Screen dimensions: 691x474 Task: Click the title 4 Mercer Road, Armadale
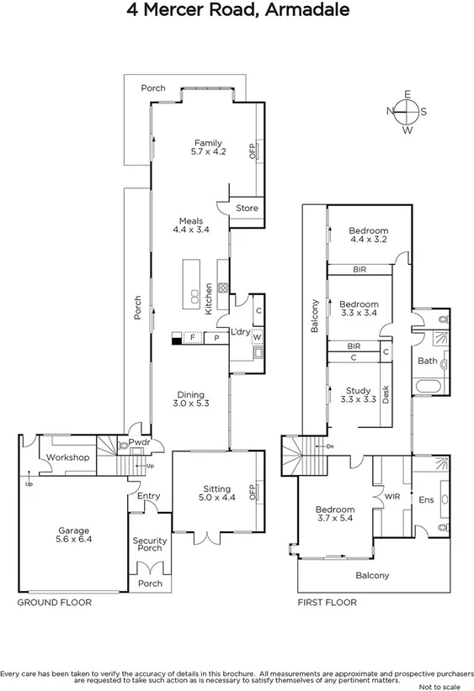pos(237,11)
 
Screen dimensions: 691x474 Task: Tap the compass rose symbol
pos(407,111)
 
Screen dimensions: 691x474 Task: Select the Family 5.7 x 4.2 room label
pos(208,147)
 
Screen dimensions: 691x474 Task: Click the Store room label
pos(247,208)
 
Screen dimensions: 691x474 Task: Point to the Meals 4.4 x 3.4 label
pos(190,225)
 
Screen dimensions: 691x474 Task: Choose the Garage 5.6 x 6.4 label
pos(74,535)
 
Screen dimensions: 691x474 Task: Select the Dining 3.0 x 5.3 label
pos(191,399)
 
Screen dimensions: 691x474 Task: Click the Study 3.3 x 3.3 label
pos(358,394)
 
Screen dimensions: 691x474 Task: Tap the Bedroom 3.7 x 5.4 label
pos(334,514)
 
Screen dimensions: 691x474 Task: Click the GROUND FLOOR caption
pos(55,603)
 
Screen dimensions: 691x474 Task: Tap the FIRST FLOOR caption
pos(328,603)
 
